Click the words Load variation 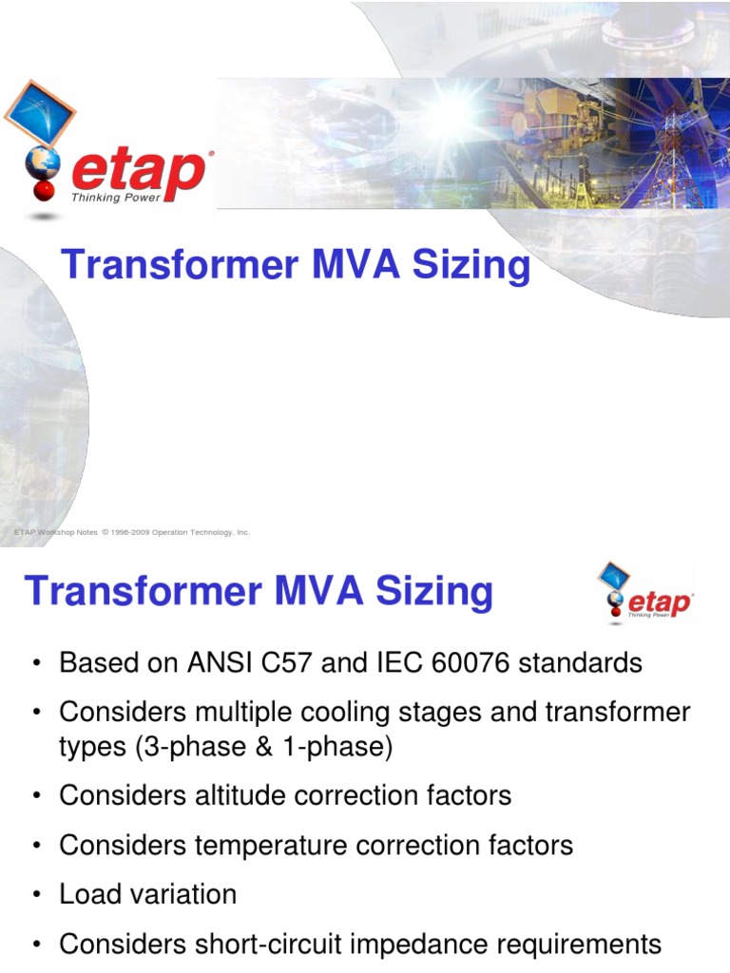point(147,894)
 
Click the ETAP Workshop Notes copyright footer point(132,532)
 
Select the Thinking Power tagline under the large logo point(116,198)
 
